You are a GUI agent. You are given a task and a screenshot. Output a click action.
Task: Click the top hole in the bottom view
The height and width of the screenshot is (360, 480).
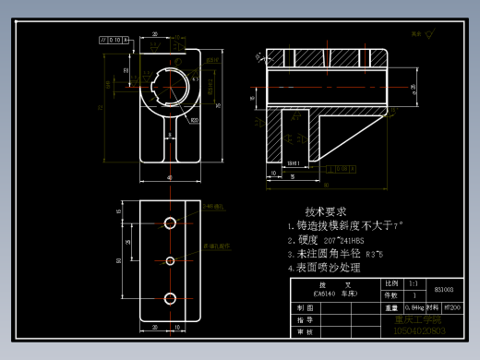pyautogui.click(x=170, y=222)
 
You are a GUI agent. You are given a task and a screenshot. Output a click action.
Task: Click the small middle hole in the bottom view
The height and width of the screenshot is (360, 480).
pyautogui.click(x=170, y=259)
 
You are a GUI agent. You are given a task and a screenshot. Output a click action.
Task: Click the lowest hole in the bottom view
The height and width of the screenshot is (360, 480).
pyautogui.click(x=170, y=296)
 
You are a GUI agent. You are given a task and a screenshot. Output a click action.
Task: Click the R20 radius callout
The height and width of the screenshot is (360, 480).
pyautogui.click(x=195, y=119)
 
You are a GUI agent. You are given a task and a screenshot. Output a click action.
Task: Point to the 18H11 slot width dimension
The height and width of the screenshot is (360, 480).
pyautogui.click(x=294, y=163)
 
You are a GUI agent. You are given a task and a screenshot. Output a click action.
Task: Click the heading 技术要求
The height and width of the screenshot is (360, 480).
pyautogui.click(x=325, y=211)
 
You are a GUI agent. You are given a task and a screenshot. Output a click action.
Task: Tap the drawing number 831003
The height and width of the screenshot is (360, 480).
pyautogui.click(x=444, y=290)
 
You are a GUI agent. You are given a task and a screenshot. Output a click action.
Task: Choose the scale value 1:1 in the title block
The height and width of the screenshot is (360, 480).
pyautogui.click(x=414, y=283)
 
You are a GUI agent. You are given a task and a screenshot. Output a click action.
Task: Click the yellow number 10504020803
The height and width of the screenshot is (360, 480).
pyautogui.click(x=419, y=330)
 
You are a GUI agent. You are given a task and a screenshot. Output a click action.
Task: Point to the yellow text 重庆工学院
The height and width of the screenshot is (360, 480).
pyautogui.click(x=412, y=319)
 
